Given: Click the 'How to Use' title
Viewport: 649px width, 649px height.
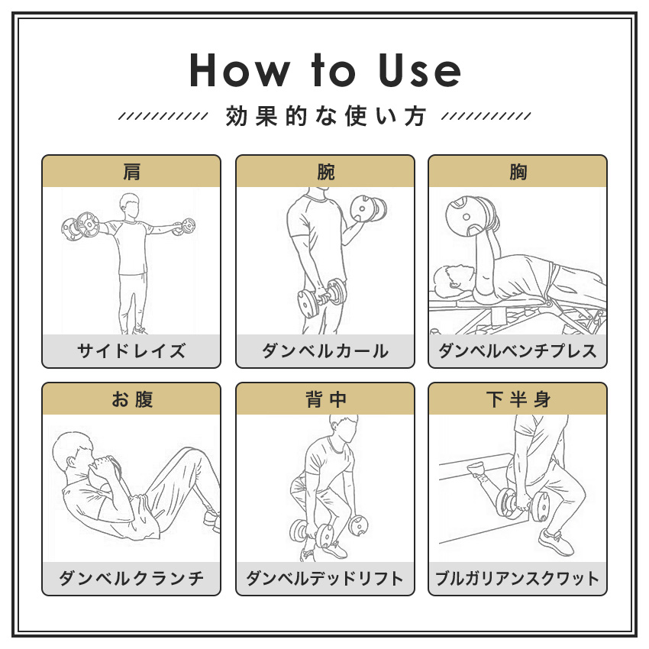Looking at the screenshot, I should (x=324, y=70).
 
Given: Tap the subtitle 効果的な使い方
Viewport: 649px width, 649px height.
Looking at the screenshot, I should (x=324, y=117).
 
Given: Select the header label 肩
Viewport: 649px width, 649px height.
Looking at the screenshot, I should (x=131, y=172).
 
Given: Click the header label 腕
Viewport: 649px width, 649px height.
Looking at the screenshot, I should (x=325, y=172).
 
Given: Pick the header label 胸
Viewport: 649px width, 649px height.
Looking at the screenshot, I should (x=518, y=172).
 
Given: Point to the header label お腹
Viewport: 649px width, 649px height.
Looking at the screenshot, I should (x=131, y=399).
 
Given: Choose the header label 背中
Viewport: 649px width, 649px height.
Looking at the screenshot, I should (x=325, y=399).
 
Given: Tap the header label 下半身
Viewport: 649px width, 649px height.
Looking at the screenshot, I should (x=518, y=399).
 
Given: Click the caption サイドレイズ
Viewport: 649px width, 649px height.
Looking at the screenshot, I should (x=131, y=351).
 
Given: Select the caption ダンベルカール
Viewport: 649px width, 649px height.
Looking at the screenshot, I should (x=325, y=351).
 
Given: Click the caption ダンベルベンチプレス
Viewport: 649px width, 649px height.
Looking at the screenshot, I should (x=518, y=351).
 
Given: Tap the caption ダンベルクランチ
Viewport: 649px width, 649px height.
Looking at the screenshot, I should (x=131, y=578).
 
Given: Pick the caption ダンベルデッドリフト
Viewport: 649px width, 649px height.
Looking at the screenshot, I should (x=325, y=578).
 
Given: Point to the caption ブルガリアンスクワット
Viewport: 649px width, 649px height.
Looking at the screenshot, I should (x=518, y=578).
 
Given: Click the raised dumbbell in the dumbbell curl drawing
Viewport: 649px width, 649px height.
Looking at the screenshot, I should (x=367, y=208).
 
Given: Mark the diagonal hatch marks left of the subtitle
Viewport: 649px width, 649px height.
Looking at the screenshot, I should (x=163, y=117).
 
